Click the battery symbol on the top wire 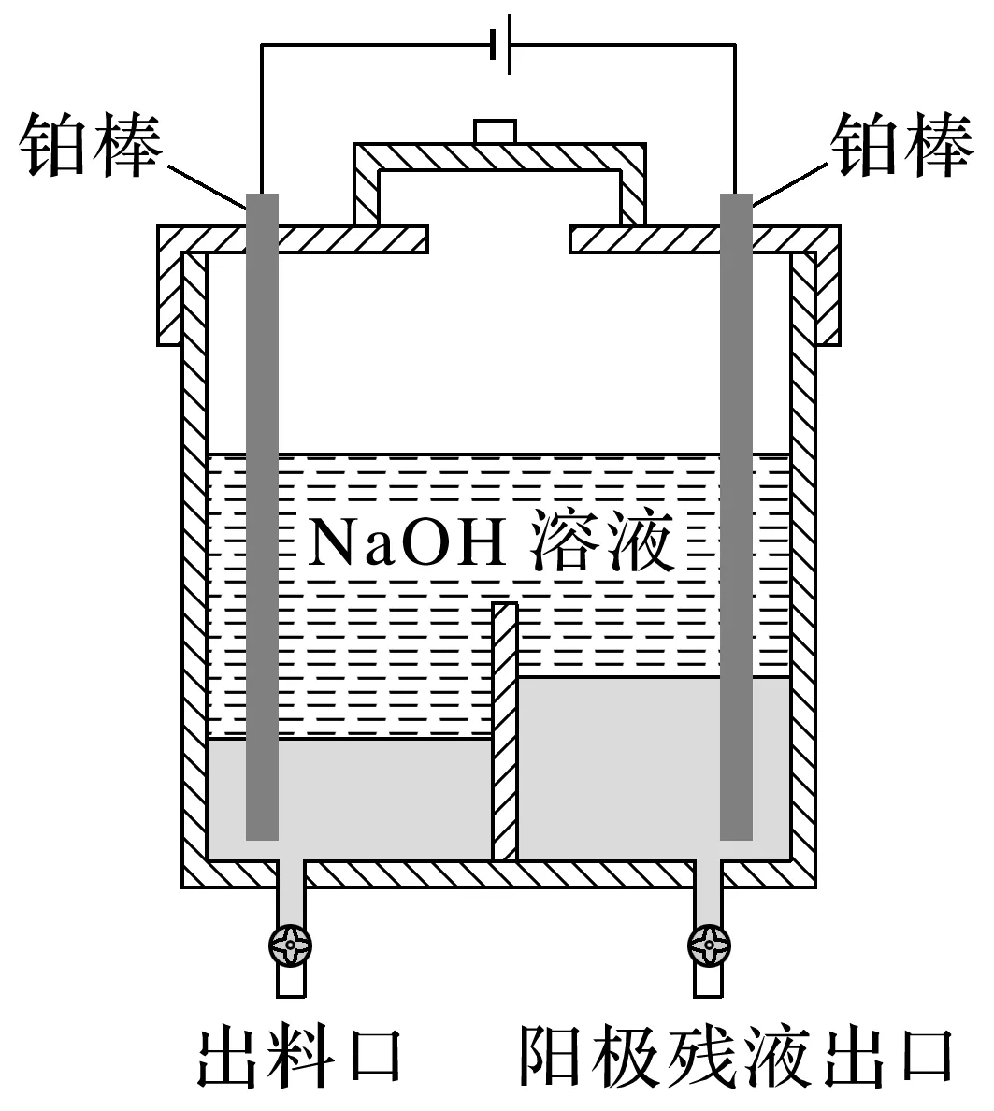click(500, 43)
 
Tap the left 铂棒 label click(90, 145)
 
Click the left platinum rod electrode click(262, 514)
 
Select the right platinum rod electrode click(736, 514)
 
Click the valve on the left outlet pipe click(290, 948)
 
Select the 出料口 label click(298, 1056)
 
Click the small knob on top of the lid click(495, 131)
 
